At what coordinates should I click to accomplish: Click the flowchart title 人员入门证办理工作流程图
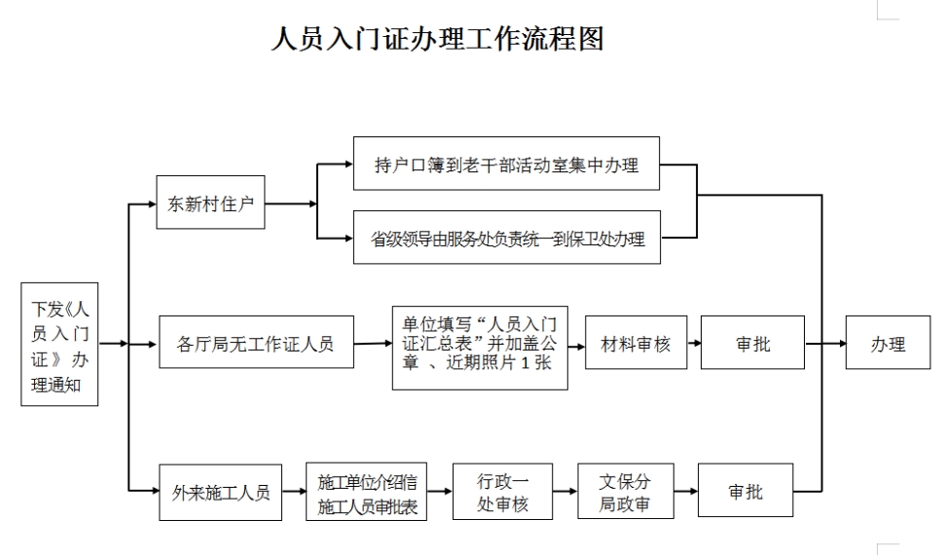(x=437, y=38)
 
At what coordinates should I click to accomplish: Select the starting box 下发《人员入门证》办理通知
(x=59, y=345)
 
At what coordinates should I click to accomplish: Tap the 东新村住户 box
(x=210, y=203)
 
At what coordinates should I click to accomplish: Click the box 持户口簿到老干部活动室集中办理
(x=506, y=165)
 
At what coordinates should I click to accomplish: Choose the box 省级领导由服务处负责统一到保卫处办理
(x=506, y=238)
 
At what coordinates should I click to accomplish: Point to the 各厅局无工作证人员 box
(x=255, y=343)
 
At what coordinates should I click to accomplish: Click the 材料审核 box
(x=636, y=343)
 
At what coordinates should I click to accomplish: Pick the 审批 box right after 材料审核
(x=752, y=343)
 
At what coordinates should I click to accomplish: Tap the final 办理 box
(x=888, y=343)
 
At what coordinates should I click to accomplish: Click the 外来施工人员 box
(x=221, y=492)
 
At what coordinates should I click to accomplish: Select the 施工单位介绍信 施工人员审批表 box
(x=366, y=492)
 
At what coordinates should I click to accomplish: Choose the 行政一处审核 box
(x=502, y=492)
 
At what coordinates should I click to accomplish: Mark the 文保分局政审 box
(x=625, y=492)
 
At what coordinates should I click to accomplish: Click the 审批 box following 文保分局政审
(x=746, y=492)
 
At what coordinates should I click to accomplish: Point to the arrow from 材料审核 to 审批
(x=694, y=343)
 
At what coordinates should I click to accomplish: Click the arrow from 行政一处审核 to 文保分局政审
(x=565, y=492)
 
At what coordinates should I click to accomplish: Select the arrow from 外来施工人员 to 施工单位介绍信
(x=294, y=492)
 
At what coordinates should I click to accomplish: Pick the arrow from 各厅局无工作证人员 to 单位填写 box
(x=372, y=343)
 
